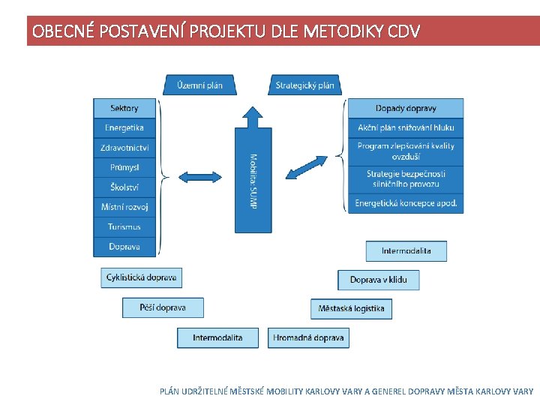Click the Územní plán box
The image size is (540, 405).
(x=199, y=85)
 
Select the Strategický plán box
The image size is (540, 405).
(x=304, y=85)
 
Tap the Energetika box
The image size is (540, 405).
(x=124, y=127)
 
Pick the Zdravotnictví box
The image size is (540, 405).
(x=124, y=148)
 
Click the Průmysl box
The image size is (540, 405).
(x=124, y=167)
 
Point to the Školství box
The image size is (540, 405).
(x=124, y=187)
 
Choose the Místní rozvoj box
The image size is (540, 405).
(x=124, y=207)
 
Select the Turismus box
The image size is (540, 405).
(x=124, y=226)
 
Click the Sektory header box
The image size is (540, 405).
(x=124, y=108)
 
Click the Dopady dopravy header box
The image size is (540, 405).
(x=406, y=108)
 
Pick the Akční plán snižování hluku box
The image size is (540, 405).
(x=406, y=127)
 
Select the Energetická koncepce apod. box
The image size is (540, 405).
(x=406, y=203)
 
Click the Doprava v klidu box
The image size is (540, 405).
(x=378, y=280)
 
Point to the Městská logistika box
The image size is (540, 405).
(x=351, y=308)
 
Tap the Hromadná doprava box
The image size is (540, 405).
(x=308, y=337)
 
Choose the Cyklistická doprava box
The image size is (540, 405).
(x=142, y=277)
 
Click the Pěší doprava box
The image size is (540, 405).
(x=163, y=307)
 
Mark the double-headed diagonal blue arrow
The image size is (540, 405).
(x=304, y=166)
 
